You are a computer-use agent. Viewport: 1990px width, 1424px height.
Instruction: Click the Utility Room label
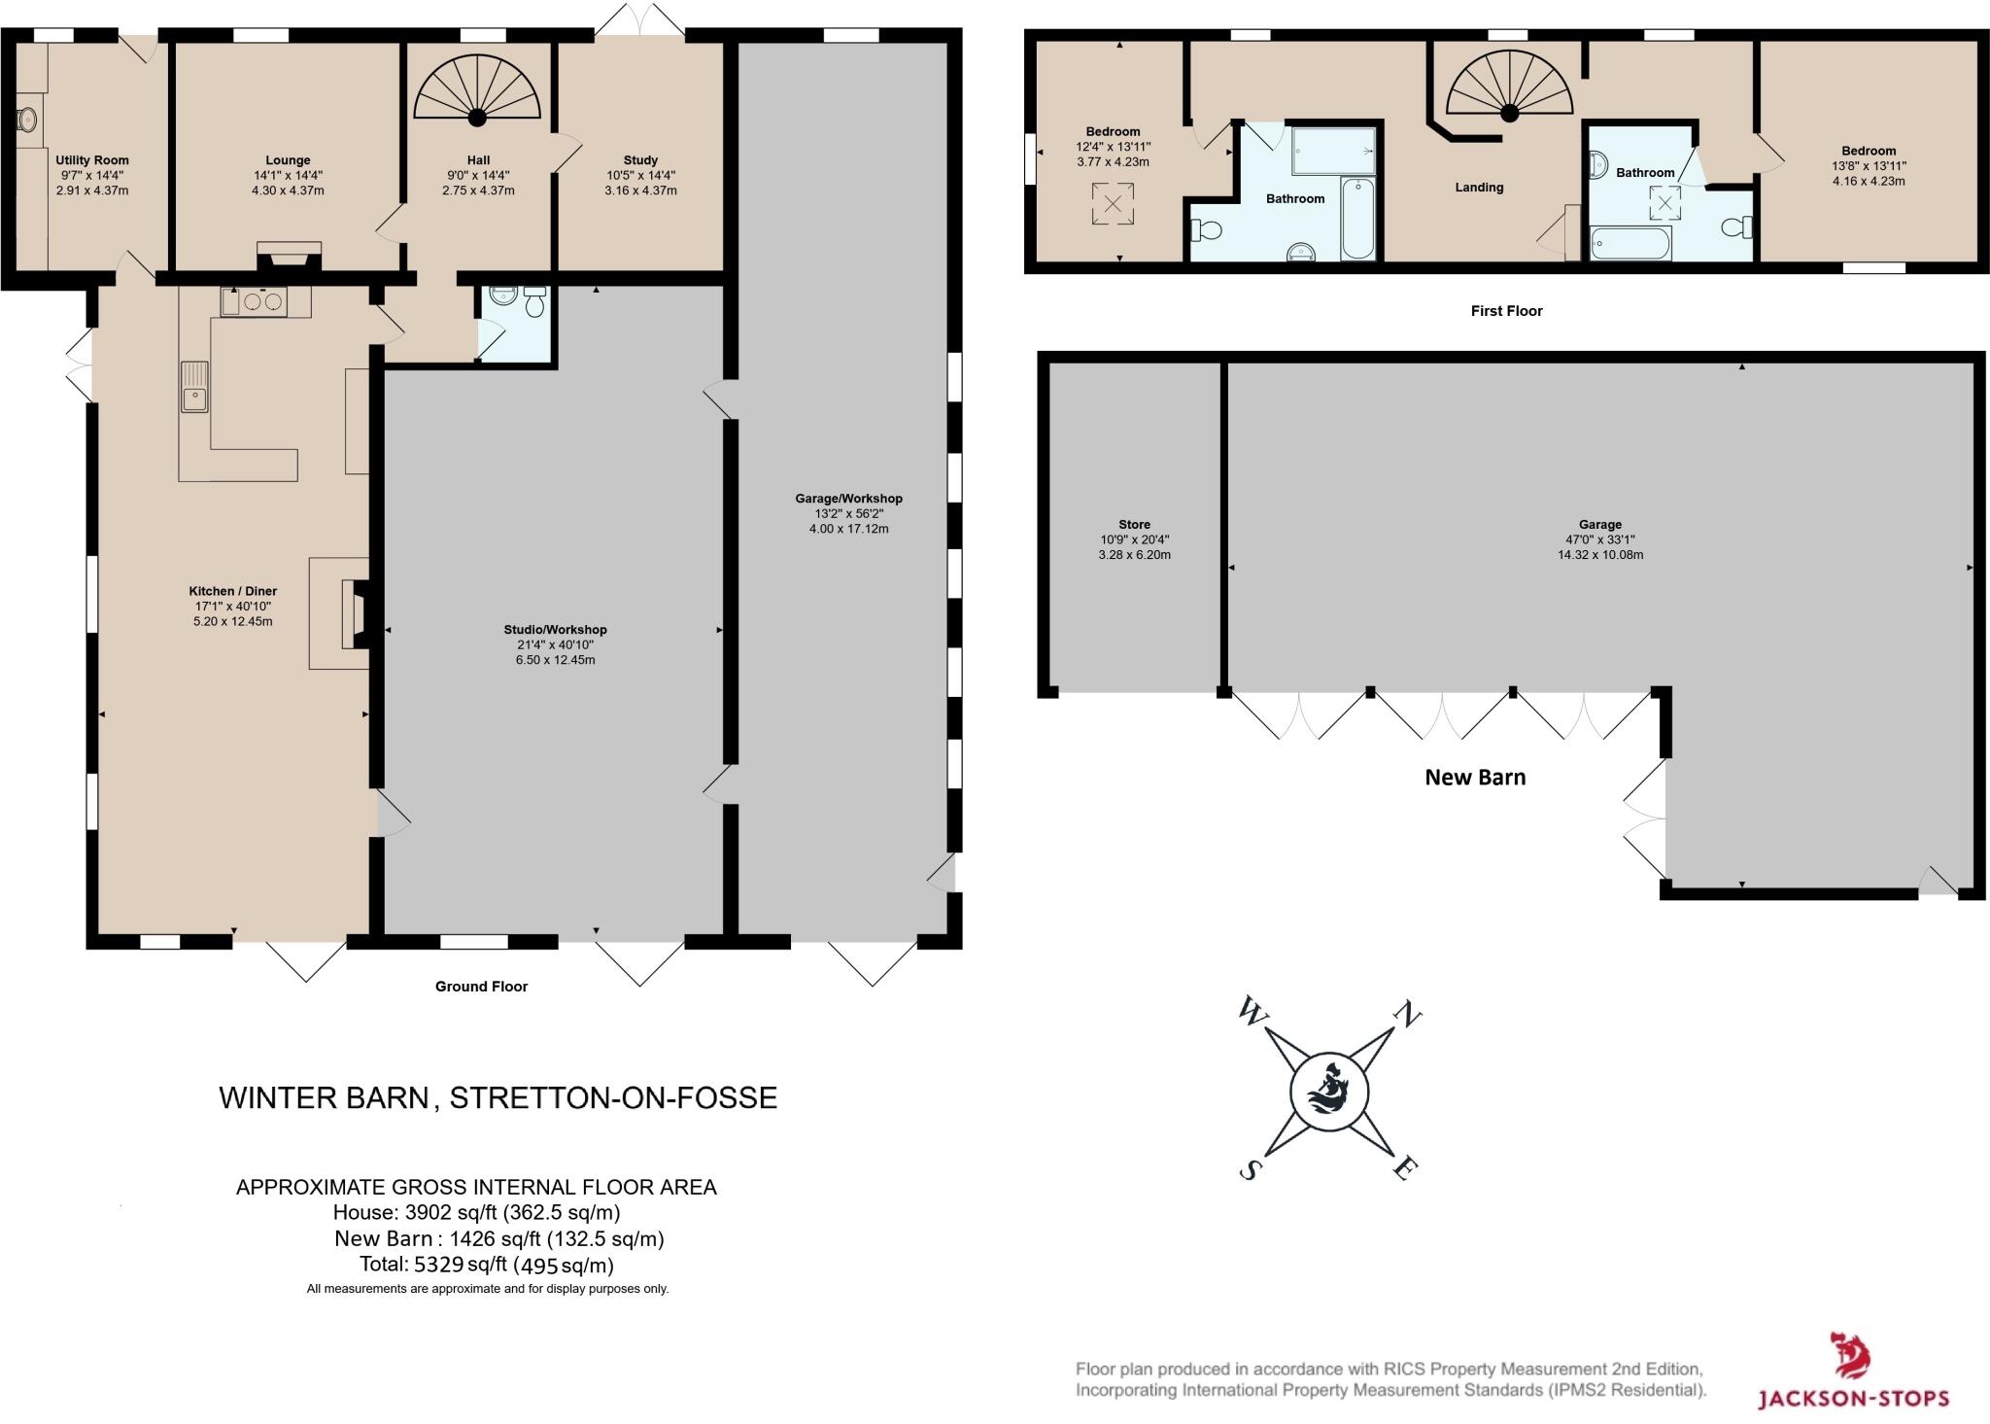[x=92, y=160]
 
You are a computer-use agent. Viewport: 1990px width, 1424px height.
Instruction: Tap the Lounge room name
[x=288, y=160]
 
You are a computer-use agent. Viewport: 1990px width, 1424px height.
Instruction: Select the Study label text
[x=640, y=160]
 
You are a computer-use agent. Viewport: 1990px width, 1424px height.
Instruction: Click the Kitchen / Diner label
[x=233, y=591]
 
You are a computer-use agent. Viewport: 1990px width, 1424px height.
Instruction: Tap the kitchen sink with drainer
[x=194, y=386]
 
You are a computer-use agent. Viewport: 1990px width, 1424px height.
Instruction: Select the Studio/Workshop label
[x=555, y=630]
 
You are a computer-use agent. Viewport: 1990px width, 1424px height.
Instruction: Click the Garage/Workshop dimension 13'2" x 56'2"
[x=849, y=514]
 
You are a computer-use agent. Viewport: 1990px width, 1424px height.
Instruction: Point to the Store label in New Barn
[x=1134, y=525]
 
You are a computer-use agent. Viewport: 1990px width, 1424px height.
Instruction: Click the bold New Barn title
[x=1475, y=778]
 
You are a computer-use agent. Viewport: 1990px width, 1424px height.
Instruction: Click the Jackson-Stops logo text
[x=1853, y=1399]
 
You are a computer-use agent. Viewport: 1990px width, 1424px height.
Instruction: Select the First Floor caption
[x=1506, y=311]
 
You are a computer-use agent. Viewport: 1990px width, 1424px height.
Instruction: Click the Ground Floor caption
[x=481, y=987]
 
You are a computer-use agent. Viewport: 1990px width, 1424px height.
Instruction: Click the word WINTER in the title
[x=277, y=1098]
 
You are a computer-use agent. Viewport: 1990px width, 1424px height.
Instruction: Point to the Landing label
[x=1479, y=188]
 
